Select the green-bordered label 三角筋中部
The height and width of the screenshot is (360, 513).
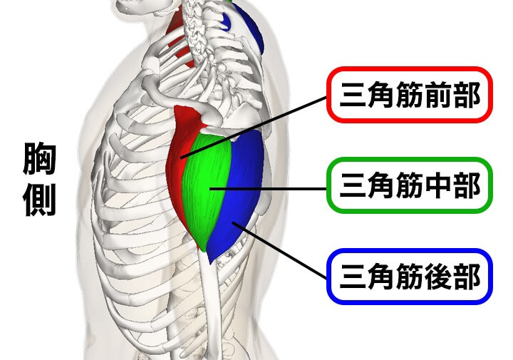[x=409, y=186]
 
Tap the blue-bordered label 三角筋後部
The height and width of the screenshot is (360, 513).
[x=409, y=275]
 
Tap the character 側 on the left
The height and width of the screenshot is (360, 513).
[x=40, y=202]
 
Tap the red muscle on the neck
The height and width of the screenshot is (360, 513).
[x=179, y=36]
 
